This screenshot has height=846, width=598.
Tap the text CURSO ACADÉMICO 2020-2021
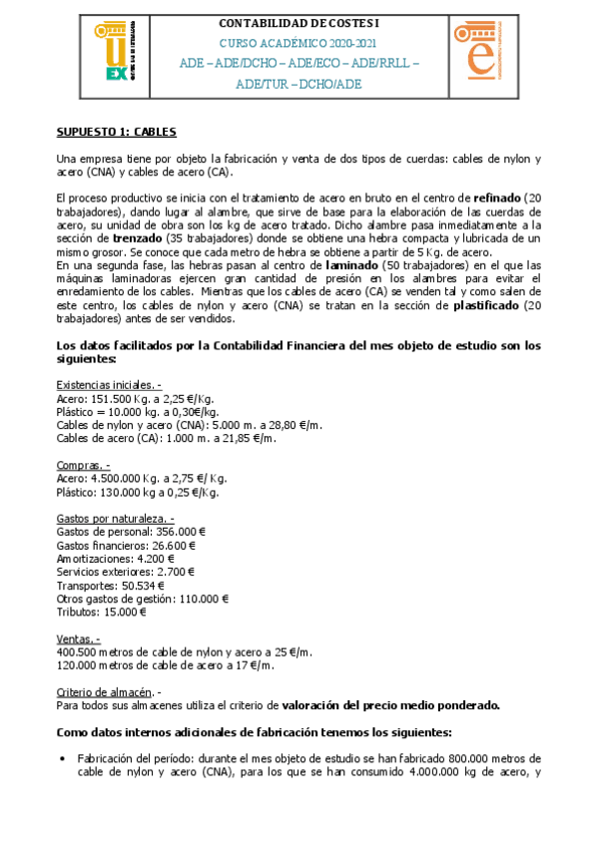coord(299,44)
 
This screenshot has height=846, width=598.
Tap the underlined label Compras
coord(83,465)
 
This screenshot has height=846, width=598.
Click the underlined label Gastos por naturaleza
coord(115,519)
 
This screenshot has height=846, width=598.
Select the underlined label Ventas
coord(79,638)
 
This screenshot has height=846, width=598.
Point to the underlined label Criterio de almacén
coord(107,691)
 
